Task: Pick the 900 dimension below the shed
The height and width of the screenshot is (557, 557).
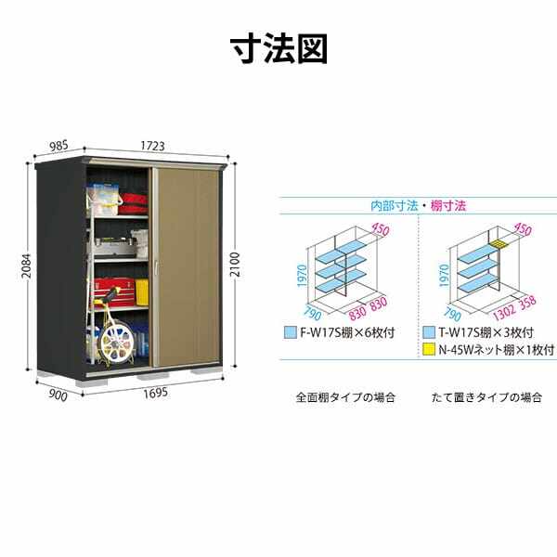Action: click(x=57, y=395)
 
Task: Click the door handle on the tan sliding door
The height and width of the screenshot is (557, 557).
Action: click(x=158, y=268)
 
